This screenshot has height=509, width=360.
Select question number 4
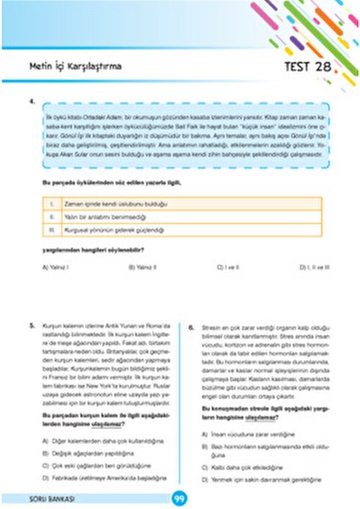pos(32,103)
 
